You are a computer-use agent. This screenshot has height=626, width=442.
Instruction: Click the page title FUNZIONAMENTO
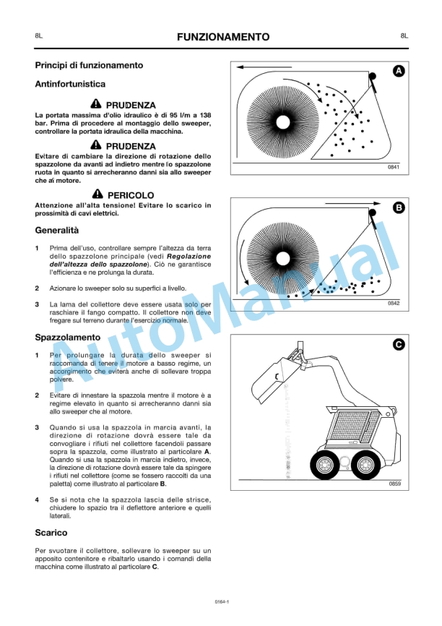(223, 37)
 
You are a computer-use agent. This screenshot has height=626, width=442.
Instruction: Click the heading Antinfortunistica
(70, 85)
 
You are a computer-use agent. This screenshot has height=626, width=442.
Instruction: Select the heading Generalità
(57, 231)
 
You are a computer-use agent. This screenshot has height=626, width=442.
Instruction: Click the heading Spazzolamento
(68, 338)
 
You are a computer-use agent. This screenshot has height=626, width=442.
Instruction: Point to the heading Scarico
(51, 533)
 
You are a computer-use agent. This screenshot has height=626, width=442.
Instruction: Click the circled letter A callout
(398, 71)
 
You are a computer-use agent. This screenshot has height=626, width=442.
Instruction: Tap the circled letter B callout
(398, 208)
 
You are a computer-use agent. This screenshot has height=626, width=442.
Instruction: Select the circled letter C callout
(398, 345)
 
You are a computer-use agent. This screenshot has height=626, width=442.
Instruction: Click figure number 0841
(394, 168)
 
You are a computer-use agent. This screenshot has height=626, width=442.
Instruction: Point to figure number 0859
(394, 483)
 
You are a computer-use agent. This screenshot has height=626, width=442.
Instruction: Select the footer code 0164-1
(221, 601)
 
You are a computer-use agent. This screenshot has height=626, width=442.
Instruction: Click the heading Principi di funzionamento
(89, 65)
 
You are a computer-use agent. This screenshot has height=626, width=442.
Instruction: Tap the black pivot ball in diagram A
(373, 76)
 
